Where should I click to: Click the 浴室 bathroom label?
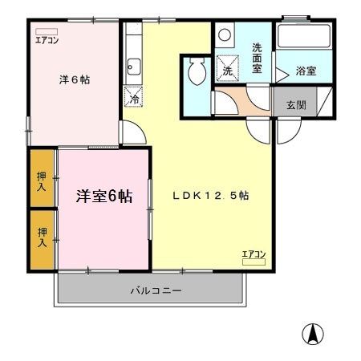pos(305,71)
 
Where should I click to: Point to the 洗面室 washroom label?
pos(258,58)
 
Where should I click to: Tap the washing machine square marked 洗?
pos(228,69)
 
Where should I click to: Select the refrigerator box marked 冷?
pos(134,99)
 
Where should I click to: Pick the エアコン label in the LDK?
pos(254,254)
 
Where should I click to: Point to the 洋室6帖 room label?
pos(104,197)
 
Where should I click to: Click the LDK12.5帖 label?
pos(212,196)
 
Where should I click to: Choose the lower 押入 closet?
pos(42,235)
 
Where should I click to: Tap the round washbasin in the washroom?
pos(225,35)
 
